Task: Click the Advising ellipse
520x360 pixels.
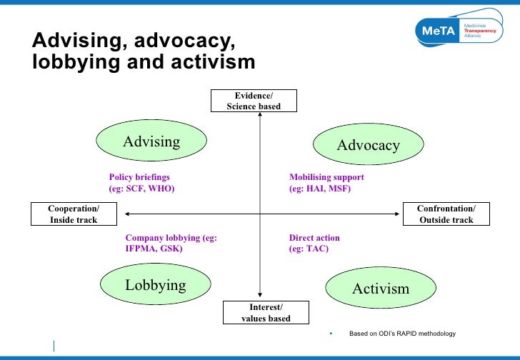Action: coord(151,141)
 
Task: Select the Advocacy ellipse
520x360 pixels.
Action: coord(368,145)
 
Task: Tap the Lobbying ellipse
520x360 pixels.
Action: coord(155,285)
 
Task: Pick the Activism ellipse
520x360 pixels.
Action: coord(380,289)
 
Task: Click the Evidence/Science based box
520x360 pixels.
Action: coord(254,101)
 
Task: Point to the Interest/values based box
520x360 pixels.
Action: coord(266,312)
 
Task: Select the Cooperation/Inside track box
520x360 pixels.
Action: coord(74,214)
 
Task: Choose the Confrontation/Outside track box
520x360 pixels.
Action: coord(446,214)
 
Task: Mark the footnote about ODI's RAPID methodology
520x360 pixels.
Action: coord(401,334)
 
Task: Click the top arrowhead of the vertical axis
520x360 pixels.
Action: coord(260,116)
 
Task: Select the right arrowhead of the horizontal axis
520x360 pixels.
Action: coord(396,213)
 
